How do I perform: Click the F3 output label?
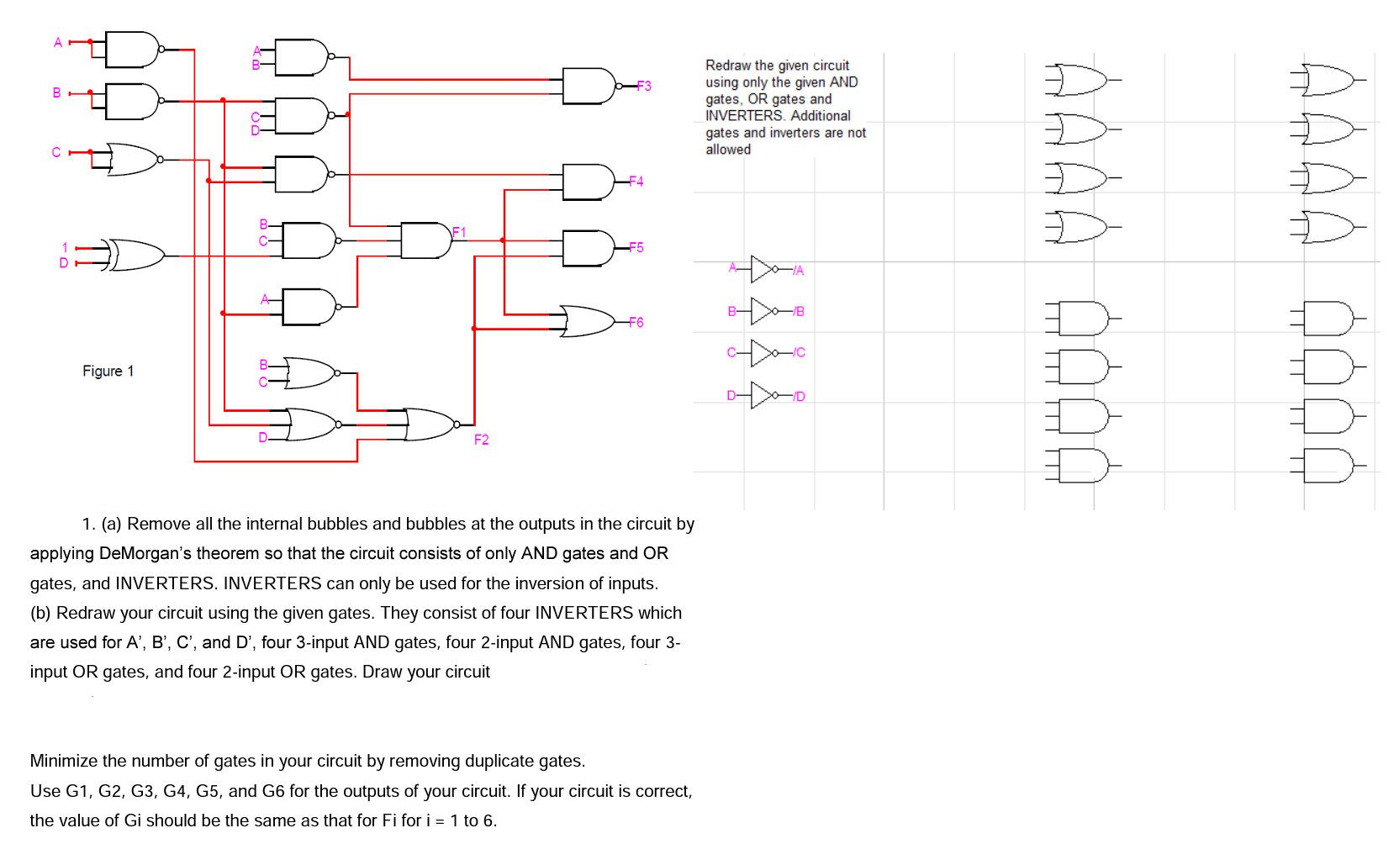click(x=644, y=86)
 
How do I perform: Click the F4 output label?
click(x=636, y=182)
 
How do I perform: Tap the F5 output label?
click(x=636, y=247)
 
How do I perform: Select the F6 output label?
click(x=636, y=323)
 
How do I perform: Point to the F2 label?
click(x=481, y=440)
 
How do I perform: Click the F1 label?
click(x=459, y=232)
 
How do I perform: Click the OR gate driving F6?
click(x=587, y=321)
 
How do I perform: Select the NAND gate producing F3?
click(x=589, y=86)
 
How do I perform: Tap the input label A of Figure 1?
click(x=58, y=42)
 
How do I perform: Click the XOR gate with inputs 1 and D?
click(x=135, y=255)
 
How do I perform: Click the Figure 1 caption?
click(x=108, y=371)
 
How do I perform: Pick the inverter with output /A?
click(x=763, y=269)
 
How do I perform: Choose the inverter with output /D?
click(x=763, y=395)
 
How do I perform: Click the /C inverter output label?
click(x=800, y=353)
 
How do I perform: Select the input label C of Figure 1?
click(x=56, y=152)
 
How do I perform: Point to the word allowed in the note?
click(x=728, y=150)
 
